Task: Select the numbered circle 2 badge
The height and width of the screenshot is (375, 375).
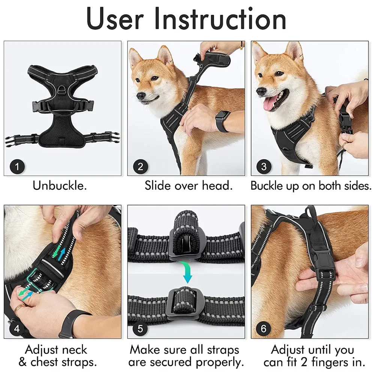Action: point(140,166)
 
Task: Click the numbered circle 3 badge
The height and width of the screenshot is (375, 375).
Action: point(264,166)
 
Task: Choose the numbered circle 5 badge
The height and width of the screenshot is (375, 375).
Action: point(140,329)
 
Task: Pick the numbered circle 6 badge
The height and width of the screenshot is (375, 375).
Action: point(264,329)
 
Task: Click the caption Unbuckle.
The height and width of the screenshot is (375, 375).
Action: point(60,186)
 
